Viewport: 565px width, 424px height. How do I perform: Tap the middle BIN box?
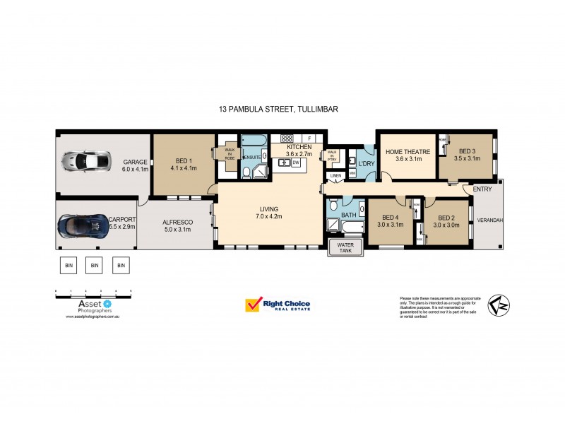coord(95,266)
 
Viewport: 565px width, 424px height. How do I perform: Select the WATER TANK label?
coord(345,248)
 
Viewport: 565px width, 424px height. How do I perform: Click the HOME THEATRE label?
coord(403,150)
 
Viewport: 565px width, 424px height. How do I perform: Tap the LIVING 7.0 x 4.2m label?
coord(268,213)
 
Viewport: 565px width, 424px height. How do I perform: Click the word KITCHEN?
coord(299,146)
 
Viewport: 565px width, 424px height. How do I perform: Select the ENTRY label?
coord(483,189)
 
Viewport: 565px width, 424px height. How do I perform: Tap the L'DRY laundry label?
coord(367,164)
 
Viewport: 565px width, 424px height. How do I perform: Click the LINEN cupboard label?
coord(336,176)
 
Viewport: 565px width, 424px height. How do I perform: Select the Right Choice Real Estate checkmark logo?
coord(253,305)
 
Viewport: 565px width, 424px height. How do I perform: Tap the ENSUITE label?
coord(252,157)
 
